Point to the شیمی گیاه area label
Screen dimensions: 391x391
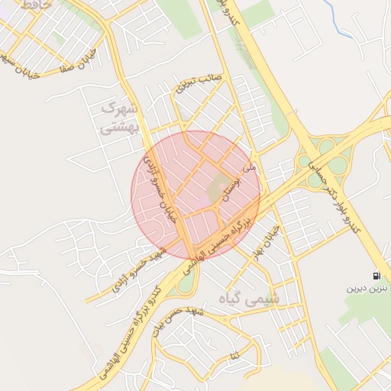[249, 297]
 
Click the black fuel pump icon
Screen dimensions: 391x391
[376, 276]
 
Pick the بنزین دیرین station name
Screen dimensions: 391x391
[369, 289]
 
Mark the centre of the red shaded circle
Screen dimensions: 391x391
[196, 195]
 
